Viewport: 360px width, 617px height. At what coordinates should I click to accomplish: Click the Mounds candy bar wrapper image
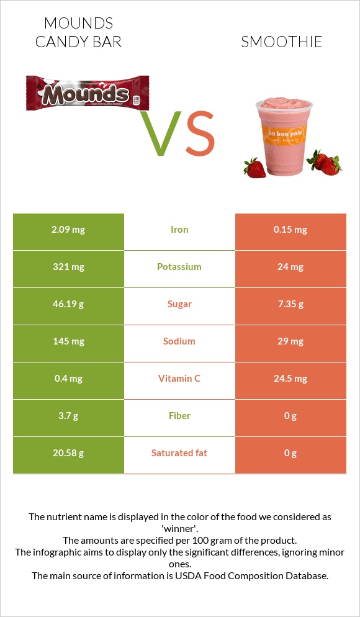point(88,93)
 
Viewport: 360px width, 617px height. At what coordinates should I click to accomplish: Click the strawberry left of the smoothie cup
point(254,168)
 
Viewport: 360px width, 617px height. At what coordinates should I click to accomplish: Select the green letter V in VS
point(163,134)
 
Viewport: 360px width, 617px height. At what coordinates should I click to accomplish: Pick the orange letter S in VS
point(200,134)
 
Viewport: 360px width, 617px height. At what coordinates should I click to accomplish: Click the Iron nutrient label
point(179,230)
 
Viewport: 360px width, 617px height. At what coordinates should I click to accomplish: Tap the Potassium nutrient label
point(179,267)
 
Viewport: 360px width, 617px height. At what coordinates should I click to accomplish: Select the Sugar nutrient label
point(179,304)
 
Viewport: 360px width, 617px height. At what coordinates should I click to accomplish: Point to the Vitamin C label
point(179,379)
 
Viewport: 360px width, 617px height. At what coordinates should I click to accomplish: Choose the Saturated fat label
point(179,453)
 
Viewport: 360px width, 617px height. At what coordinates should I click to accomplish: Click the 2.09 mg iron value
point(68,230)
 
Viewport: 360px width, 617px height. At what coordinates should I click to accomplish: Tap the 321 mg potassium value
point(68,267)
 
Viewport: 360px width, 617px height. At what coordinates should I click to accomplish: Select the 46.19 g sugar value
point(68,304)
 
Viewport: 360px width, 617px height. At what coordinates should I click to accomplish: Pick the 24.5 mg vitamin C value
point(290,379)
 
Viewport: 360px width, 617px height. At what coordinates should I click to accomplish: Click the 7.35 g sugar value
point(290,304)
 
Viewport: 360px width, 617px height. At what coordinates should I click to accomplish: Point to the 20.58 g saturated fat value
point(68,453)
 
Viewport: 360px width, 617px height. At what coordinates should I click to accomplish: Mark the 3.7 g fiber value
point(68,416)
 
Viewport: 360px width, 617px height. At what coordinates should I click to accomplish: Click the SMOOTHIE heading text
point(281,42)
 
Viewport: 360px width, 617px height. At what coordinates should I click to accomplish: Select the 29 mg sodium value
point(290,341)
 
